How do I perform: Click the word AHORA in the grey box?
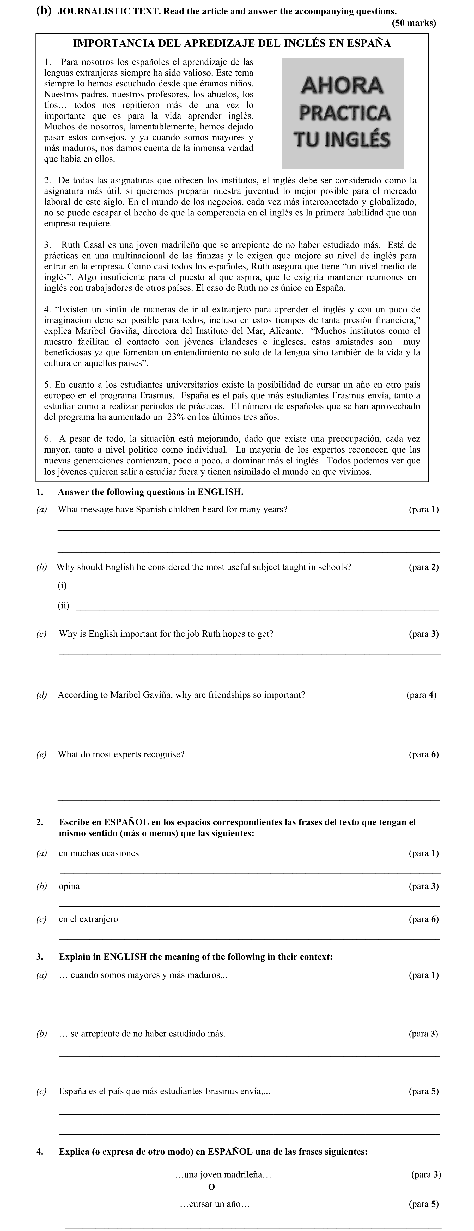[x=343, y=85]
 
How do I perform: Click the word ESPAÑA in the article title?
[x=369, y=44]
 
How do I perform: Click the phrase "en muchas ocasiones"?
[x=99, y=853]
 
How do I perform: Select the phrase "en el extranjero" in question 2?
[x=88, y=919]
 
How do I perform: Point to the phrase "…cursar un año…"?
[x=215, y=1204]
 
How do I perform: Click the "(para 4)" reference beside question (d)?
[x=421, y=695]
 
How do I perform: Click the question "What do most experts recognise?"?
[x=121, y=754]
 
